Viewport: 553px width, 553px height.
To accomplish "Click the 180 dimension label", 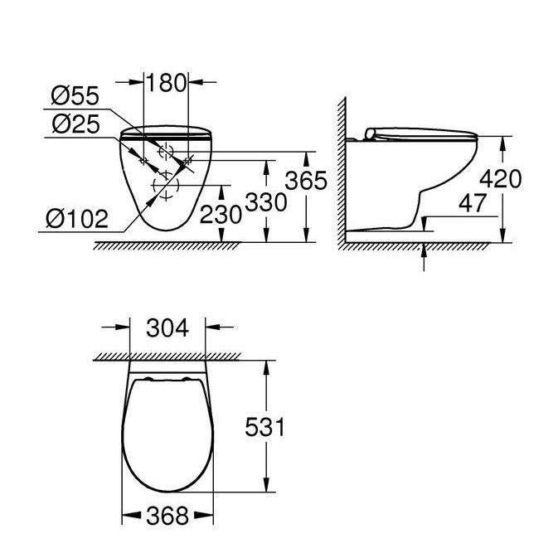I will [167, 83].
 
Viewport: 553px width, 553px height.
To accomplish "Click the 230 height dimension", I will [221, 215].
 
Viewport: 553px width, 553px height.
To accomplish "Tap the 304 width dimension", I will [169, 328].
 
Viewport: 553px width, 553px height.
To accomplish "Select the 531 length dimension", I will [266, 427].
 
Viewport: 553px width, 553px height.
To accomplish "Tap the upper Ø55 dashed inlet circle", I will [167, 152].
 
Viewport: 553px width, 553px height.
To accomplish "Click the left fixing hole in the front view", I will [144, 159].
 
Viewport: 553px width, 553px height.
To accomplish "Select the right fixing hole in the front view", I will [189, 159].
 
